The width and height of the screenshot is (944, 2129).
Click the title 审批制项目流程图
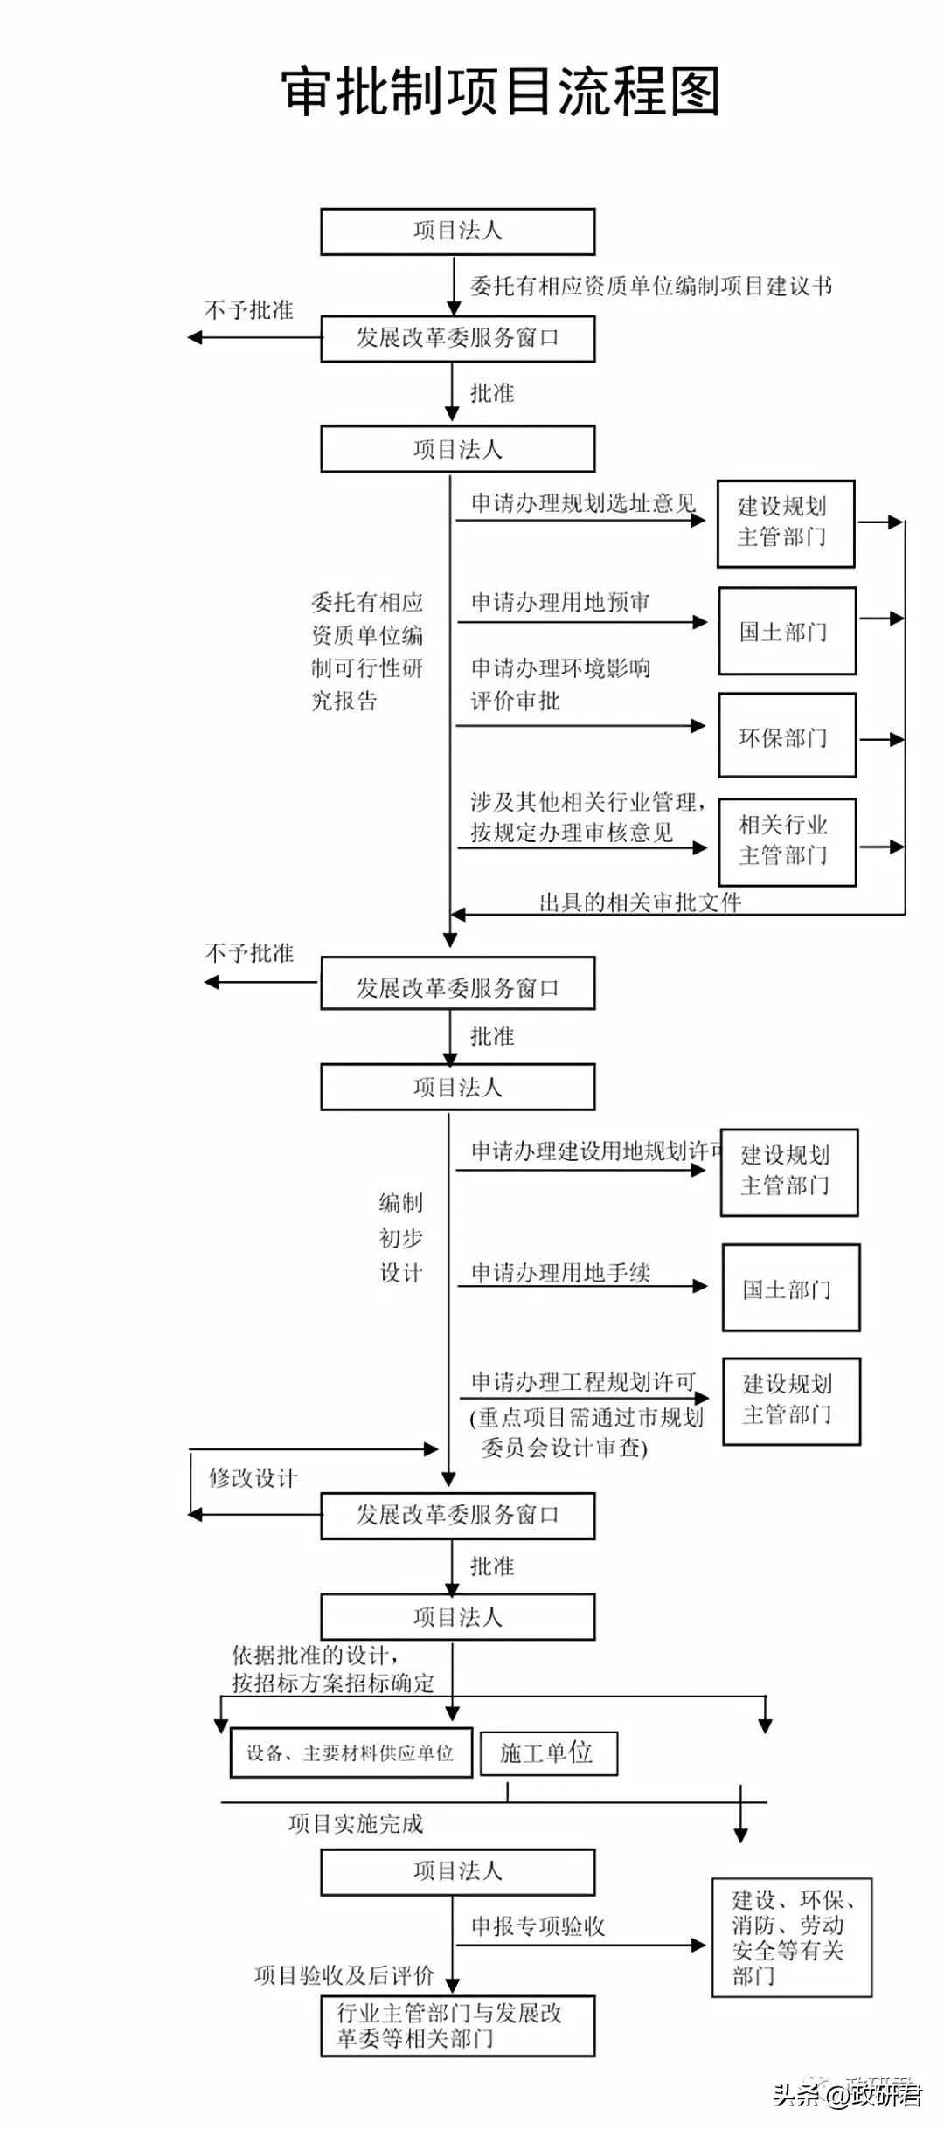pyautogui.click(x=501, y=92)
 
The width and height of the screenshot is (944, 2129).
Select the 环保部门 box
pyautogui.click(x=787, y=736)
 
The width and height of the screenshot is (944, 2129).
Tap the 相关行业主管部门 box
pyautogui.click(x=787, y=841)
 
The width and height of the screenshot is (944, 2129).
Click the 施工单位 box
pyautogui.click(x=549, y=1752)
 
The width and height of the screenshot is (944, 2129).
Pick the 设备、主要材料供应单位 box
pyautogui.click(x=351, y=1752)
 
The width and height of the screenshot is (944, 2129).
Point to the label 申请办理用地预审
pyautogui.click(x=560, y=602)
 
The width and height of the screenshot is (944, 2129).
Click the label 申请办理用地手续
pyautogui.click(x=560, y=1273)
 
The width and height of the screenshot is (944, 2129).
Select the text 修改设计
pyautogui.click(x=253, y=1478)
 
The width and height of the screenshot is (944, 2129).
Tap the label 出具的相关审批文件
pyautogui.click(x=640, y=902)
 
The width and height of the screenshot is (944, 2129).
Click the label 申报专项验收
pyautogui.click(x=538, y=1926)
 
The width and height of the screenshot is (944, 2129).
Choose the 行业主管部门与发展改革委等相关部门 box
pyautogui.click(x=457, y=2026)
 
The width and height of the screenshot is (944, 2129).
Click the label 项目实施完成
pyautogui.click(x=356, y=1823)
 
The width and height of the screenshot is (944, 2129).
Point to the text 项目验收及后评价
pyautogui.click(x=344, y=1975)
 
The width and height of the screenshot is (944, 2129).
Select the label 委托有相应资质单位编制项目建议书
pyautogui.click(x=651, y=286)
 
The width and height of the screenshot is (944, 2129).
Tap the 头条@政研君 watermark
pyautogui.click(x=846, y=2095)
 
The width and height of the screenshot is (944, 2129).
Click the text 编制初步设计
pyautogui.click(x=401, y=1238)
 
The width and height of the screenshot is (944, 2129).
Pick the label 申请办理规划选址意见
pyautogui.click(x=583, y=503)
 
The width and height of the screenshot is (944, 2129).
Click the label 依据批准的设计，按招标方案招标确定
pyautogui.click(x=332, y=1669)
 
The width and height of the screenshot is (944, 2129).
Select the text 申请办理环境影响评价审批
pyautogui.click(x=559, y=684)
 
